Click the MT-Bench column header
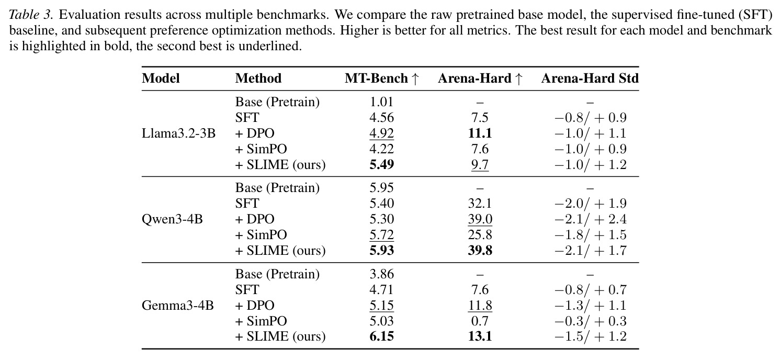[382, 78]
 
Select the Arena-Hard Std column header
[590, 78]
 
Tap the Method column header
[258, 78]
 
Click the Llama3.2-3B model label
[178, 133]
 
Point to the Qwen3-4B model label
[172, 219]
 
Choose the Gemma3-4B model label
[178, 306]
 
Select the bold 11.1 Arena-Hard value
[480, 133]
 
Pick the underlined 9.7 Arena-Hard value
[480, 165]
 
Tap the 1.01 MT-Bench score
[382, 102]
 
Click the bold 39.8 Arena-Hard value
[480, 251]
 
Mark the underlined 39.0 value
[480, 219]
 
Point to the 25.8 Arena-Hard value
[480, 235]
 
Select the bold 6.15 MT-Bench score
[382, 336]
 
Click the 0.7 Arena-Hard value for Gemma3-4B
[480, 321]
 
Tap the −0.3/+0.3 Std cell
[590, 321]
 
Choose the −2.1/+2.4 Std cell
[590, 219]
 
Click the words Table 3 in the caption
[31, 15]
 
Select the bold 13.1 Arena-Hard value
[480, 336]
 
